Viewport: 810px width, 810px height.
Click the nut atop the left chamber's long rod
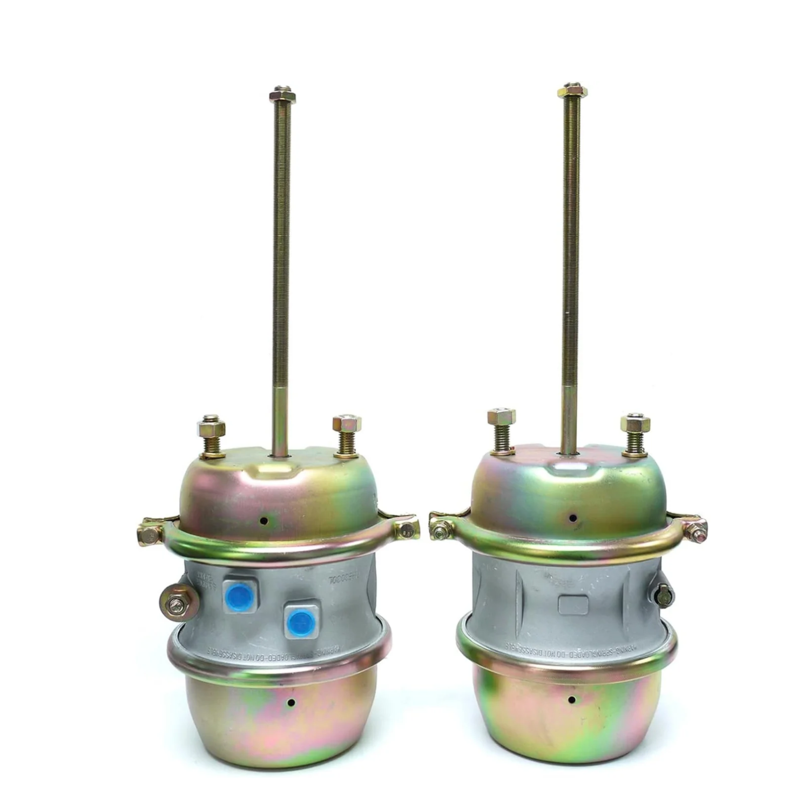click(282, 97)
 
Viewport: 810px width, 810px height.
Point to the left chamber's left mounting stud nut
click(211, 429)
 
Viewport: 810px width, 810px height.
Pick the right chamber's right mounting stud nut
click(635, 424)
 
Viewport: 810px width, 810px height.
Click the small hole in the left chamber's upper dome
click(264, 521)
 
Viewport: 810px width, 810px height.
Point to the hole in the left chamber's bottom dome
click(291, 703)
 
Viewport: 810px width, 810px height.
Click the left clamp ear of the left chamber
click(149, 532)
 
